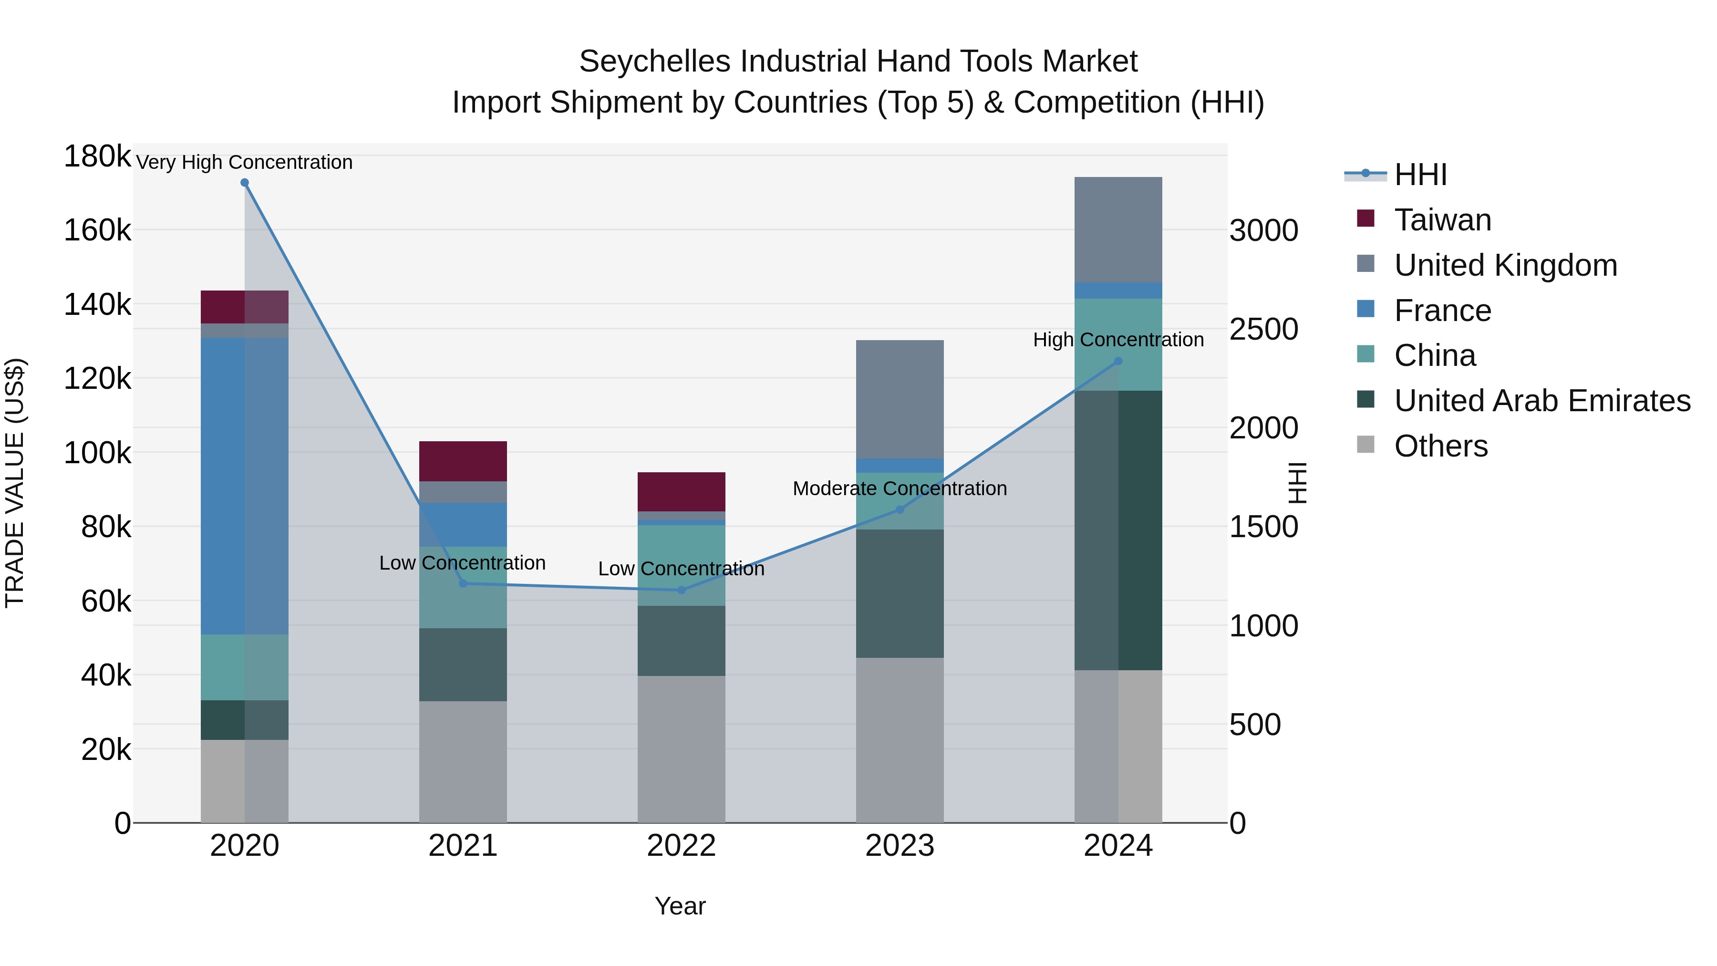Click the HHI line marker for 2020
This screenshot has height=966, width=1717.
(x=245, y=183)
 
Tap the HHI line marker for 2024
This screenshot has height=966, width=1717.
(x=1118, y=361)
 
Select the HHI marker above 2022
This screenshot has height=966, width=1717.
(x=681, y=590)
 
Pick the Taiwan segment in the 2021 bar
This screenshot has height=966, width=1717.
(x=463, y=461)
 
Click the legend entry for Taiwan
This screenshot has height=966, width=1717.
(x=1442, y=220)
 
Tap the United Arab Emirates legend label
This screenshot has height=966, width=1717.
(x=1541, y=401)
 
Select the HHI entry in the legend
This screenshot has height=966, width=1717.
(x=1420, y=175)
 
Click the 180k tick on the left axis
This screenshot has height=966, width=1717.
(x=97, y=156)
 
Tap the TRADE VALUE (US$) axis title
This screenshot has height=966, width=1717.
(x=15, y=483)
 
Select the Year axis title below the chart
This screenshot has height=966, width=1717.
(x=680, y=906)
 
